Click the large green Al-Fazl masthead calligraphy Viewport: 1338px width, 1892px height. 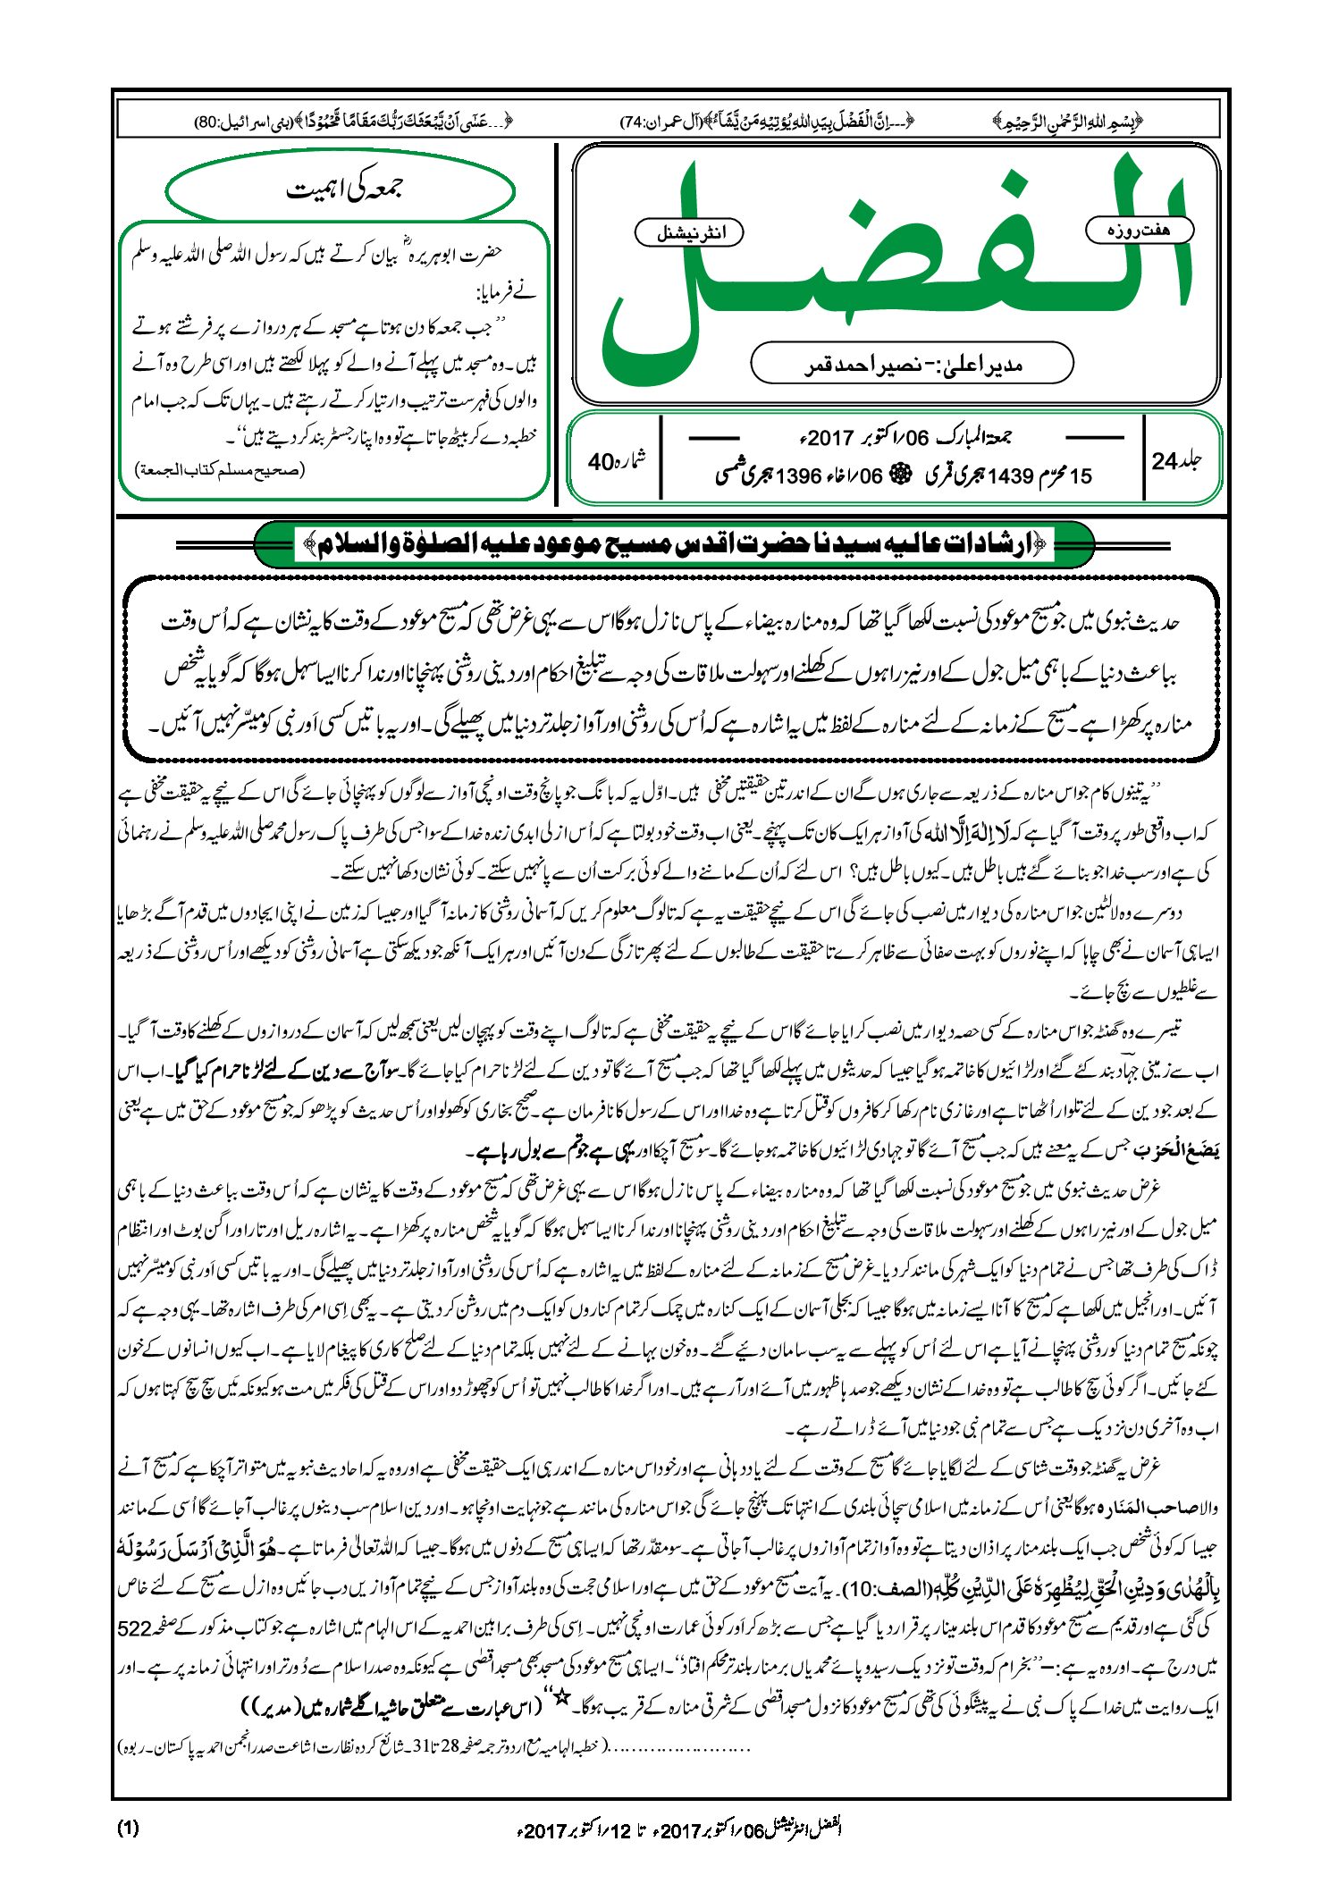pyautogui.click(x=894, y=268)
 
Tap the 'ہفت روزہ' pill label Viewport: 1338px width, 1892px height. pyautogui.click(x=1138, y=230)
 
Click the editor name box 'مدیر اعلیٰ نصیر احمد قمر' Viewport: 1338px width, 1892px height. pyautogui.click(x=912, y=365)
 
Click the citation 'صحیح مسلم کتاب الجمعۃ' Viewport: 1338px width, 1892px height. pyautogui.click(x=220, y=470)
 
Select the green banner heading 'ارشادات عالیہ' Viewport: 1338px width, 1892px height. pyautogui.click(x=675, y=543)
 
